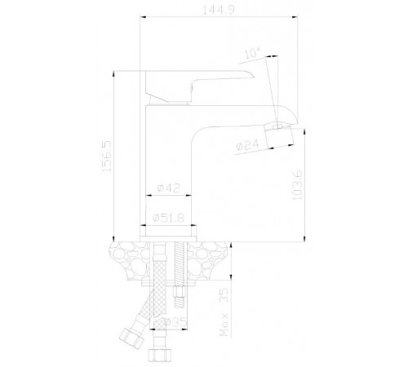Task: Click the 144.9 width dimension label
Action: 219,10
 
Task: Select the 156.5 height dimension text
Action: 107,156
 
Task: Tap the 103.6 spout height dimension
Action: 297,185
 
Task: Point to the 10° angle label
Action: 252,53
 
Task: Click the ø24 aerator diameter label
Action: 248,145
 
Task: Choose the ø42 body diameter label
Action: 169,188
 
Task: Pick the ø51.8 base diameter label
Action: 168,218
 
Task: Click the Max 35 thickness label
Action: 224,312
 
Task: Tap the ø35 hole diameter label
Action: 175,322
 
